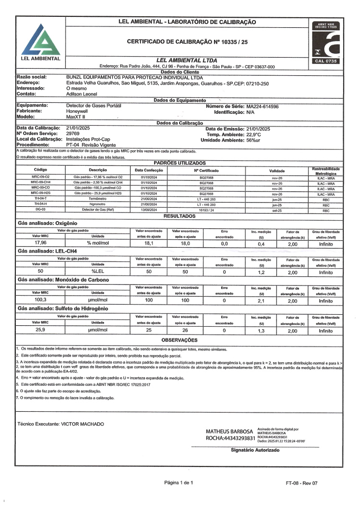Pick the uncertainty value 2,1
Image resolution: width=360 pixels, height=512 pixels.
262,301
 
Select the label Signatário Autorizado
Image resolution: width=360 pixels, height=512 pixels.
255,451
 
